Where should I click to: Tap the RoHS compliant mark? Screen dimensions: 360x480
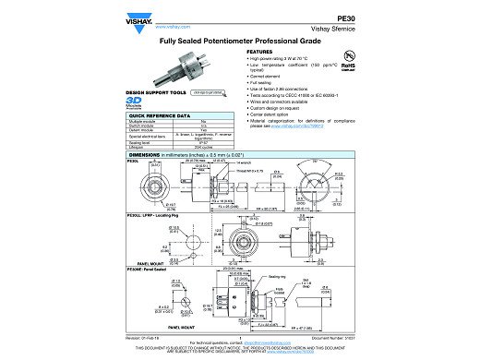[x=347, y=66]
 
